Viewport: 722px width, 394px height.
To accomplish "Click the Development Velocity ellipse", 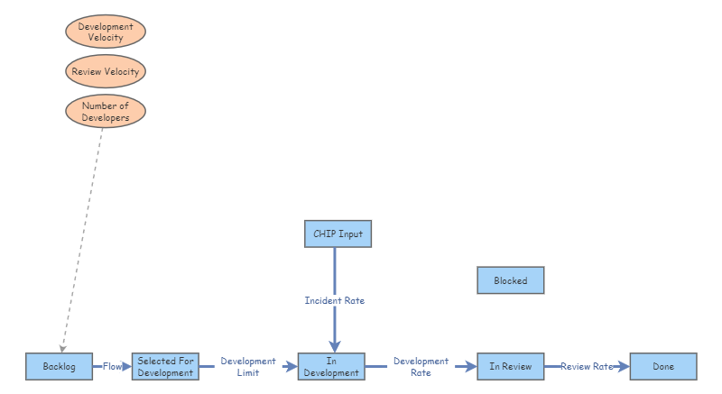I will pyautogui.click(x=106, y=32).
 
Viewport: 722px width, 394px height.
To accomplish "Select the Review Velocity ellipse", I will pyautogui.click(x=106, y=70).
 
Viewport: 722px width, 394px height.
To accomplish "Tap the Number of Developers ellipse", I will pyautogui.click(x=106, y=112).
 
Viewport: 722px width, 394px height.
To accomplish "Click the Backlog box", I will pyautogui.click(x=60, y=367).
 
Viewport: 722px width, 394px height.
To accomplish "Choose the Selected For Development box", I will pyautogui.click(x=166, y=367).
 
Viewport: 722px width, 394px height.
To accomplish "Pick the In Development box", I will pyautogui.click(x=331, y=367).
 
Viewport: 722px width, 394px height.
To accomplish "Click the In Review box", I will pyautogui.click(x=511, y=367).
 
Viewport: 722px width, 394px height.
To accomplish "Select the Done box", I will pyautogui.click(x=663, y=367).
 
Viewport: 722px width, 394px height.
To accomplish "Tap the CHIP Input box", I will pyautogui.click(x=338, y=234).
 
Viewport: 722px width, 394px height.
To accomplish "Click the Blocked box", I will pyautogui.click(x=511, y=280).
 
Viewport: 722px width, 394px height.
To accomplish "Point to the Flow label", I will pyautogui.click(x=112, y=367).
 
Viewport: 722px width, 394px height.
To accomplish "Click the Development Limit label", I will pyautogui.click(x=248, y=367).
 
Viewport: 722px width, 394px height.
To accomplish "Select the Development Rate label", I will pyautogui.click(x=421, y=367).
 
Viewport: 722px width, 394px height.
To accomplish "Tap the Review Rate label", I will pyautogui.click(x=587, y=367).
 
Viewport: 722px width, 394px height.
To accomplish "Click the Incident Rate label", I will pyautogui.click(x=335, y=300).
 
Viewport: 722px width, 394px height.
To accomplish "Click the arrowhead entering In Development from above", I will pyautogui.click(x=335, y=345).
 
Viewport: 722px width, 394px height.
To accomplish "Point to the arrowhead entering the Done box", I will pyautogui.click(x=622, y=367).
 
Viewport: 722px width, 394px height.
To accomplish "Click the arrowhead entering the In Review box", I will pyautogui.click(x=470, y=367).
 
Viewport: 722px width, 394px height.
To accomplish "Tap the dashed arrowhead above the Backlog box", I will pyautogui.click(x=61, y=347).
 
